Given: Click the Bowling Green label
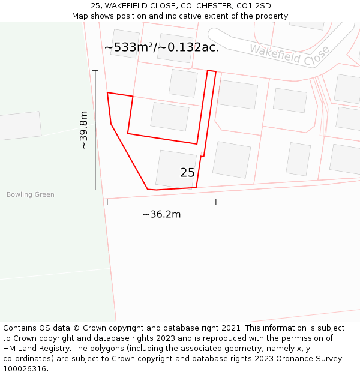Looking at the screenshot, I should click(30, 194).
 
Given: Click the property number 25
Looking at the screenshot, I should click(187, 173).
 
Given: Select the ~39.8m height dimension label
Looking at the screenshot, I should click(83, 130).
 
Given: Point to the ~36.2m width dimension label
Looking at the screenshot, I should click(161, 214).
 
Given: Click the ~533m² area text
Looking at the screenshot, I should click(129, 47).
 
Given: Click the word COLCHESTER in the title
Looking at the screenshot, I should click(204, 6).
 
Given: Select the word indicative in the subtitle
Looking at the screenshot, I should click(167, 16).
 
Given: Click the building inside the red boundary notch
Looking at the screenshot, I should click(169, 116).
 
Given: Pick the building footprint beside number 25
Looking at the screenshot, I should click(176, 168).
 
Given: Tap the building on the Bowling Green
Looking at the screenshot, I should click(19, 126).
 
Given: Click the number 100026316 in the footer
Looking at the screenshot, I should click(24, 369).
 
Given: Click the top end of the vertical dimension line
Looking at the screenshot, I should click(95, 70).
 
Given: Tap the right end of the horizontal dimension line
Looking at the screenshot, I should click(216, 202).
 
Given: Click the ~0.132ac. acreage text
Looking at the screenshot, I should click(188, 47).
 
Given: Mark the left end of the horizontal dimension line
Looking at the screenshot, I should click(107, 202).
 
